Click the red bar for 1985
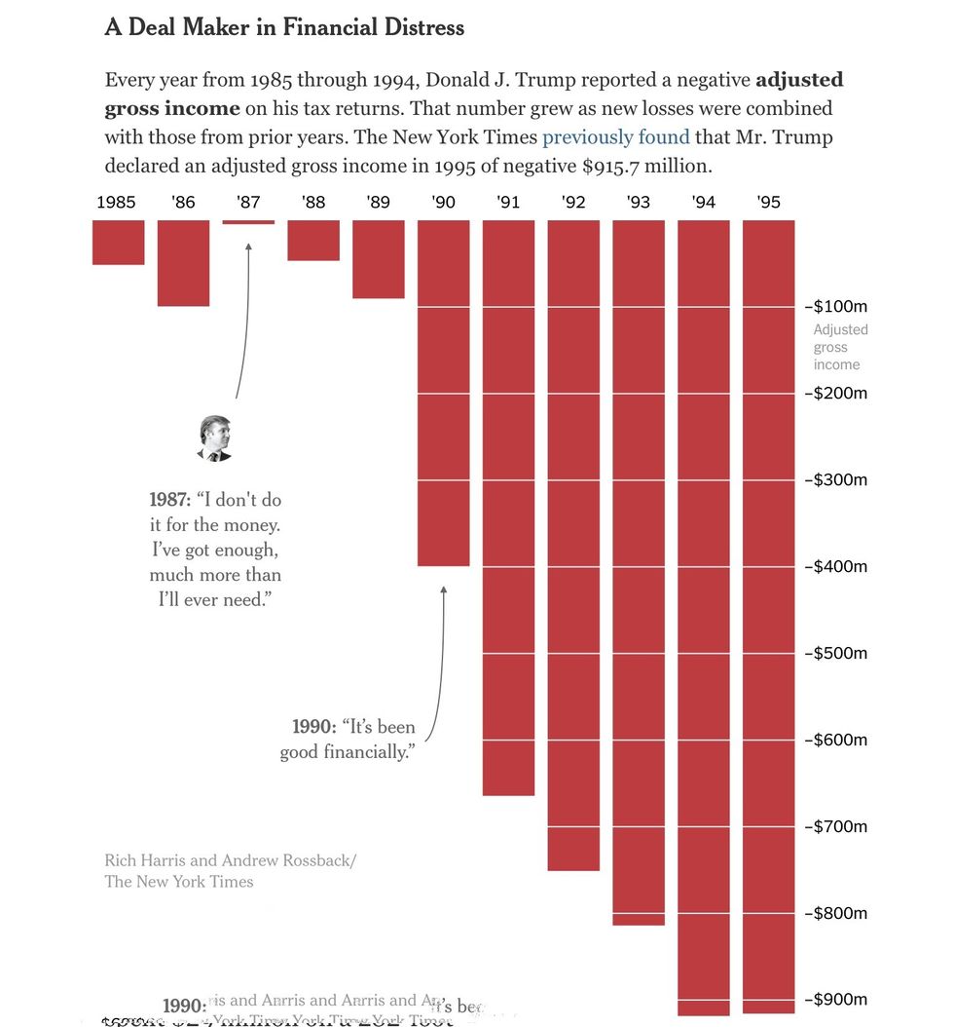tap(119, 242)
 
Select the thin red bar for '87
tap(248, 222)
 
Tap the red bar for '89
tap(379, 258)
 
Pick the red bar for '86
tap(183, 262)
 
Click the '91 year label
tap(508, 203)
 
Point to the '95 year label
tap(768, 203)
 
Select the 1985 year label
tap(117, 203)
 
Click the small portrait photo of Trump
tap(215, 437)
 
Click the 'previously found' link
tap(615, 137)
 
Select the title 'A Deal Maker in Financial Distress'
tap(284, 27)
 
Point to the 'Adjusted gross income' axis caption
tap(840, 347)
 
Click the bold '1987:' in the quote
tap(170, 500)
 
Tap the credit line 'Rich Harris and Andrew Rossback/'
tap(231, 860)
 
